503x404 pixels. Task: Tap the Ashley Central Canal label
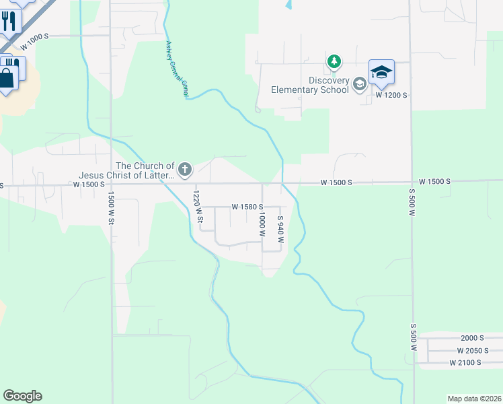[177, 69]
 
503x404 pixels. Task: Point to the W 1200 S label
[391, 95]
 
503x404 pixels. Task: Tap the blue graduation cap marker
[381, 73]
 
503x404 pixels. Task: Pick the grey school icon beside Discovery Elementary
[359, 84]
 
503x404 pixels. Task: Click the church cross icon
[184, 170]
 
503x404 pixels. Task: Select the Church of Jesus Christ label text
[145, 171]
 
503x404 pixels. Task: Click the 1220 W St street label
[198, 206]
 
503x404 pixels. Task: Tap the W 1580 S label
[247, 207]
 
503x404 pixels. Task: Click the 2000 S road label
[472, 338]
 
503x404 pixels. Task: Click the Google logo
[22, 396]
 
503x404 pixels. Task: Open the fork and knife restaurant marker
[9, 20]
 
